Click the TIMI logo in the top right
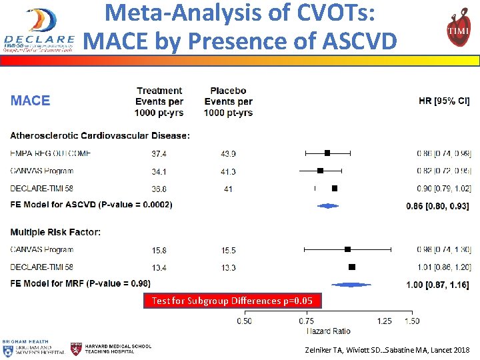pos(459,28)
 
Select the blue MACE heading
pos(30,101)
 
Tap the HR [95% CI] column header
pos(444,101)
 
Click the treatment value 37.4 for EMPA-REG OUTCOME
pos(159,153)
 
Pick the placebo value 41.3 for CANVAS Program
pos(228,171)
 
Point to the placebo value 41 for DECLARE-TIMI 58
pos(228,189)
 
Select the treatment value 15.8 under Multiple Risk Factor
pos(159,250)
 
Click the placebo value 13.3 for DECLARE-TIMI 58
pos(228,267)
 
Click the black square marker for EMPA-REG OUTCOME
pos(327,153)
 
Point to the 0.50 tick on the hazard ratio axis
pos(245,321)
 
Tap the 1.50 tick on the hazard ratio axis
pos(411,321)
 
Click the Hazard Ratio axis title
pos(327,331)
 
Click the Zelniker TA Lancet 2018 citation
pos(387,349)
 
